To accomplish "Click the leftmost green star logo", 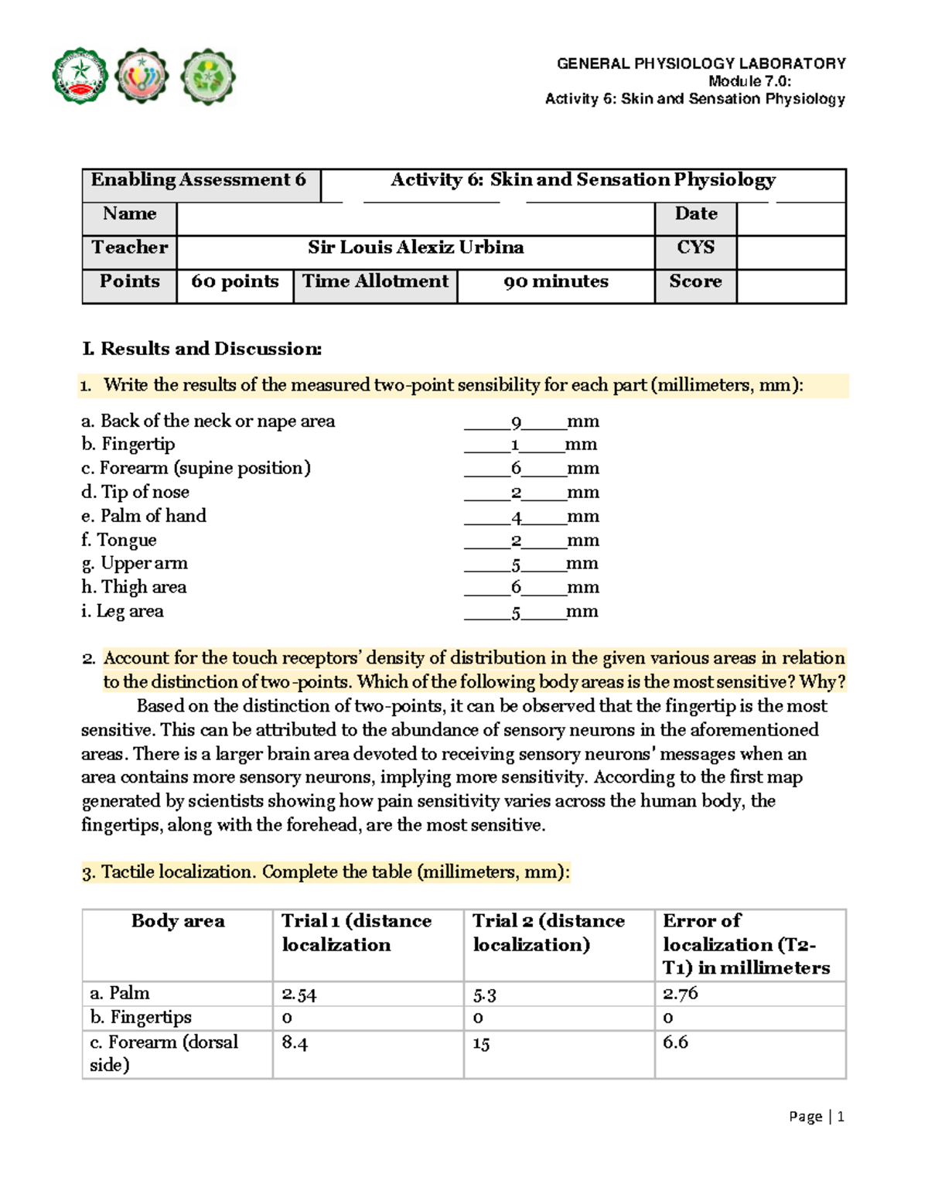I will (x=80, y=77).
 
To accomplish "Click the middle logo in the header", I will (x=142, y=77).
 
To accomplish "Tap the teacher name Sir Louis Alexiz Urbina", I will (x=415, y=247).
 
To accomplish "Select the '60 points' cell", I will (x=235, y=281).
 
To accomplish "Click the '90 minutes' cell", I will (x=555, y=281).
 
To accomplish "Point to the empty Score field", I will (x=790, y=286).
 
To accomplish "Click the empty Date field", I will (x=790, y=218).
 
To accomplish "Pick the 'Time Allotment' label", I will (x=375, y=281).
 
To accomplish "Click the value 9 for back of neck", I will (x=516, y=422).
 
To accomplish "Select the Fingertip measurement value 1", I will (x=514, y=445).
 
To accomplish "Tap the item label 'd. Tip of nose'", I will (x=135, y=492).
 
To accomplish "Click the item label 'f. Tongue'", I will (x=119, y=540).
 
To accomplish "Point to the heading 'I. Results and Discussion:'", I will (x=202, y=349).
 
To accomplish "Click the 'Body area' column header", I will (x=178, y=921).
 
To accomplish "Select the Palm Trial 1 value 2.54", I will (x=299, y=994).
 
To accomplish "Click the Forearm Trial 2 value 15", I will (x=481, y=1044).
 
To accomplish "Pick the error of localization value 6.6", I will (x=675, y=1042).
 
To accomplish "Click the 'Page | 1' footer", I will (x=816, y=1117).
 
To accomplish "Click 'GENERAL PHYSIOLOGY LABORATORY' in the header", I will (x=701, y=63).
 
